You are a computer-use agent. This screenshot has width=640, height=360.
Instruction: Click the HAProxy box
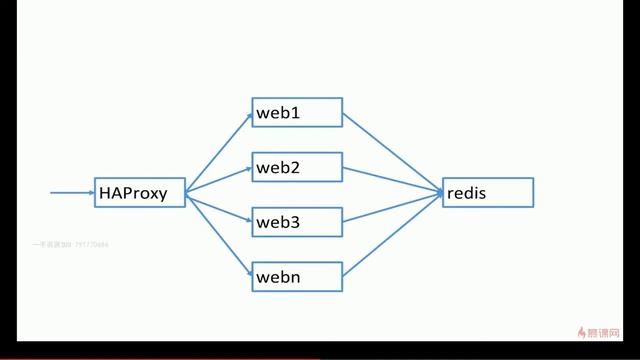(x=140, y=193)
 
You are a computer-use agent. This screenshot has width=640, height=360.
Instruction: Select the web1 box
(x=297, y=113)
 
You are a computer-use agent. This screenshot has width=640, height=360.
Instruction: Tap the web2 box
(x=297, y=167)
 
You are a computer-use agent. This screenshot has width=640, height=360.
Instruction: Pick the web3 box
(x=297, y=221)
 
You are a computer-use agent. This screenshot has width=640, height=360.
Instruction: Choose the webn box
(x=297, y=276)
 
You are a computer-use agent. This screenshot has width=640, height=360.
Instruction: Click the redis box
(x=488, y=193)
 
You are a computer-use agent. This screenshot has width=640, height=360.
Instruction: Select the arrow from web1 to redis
(x=393, y=152)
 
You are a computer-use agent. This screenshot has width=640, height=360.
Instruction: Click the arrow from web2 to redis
(x=393, y=179)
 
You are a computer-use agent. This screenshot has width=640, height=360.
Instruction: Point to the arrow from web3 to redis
(x=393, y=207)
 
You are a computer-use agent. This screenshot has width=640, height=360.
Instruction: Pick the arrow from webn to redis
(x=393, y=234)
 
